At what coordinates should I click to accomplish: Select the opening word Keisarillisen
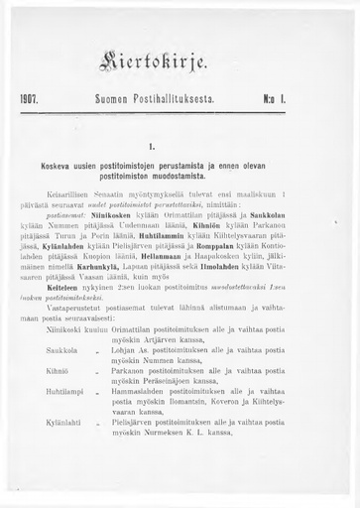83,193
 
